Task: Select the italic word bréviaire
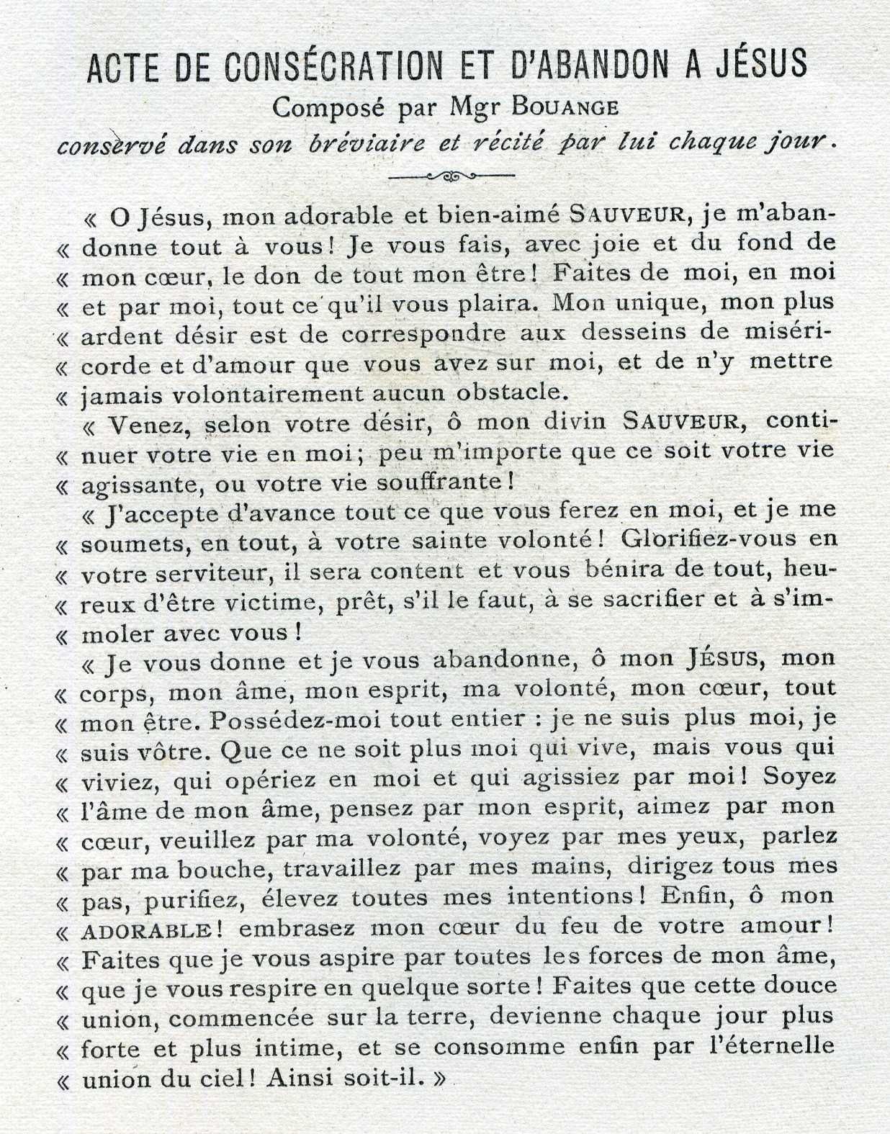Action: [367, 143]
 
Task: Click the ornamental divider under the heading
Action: [451, 175]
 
